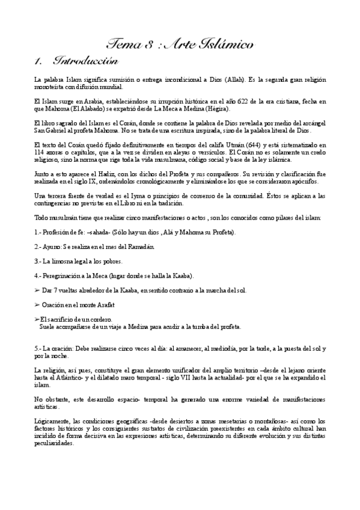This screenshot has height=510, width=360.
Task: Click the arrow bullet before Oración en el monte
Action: point(37,304)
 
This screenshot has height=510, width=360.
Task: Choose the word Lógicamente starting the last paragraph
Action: point(53,420)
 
